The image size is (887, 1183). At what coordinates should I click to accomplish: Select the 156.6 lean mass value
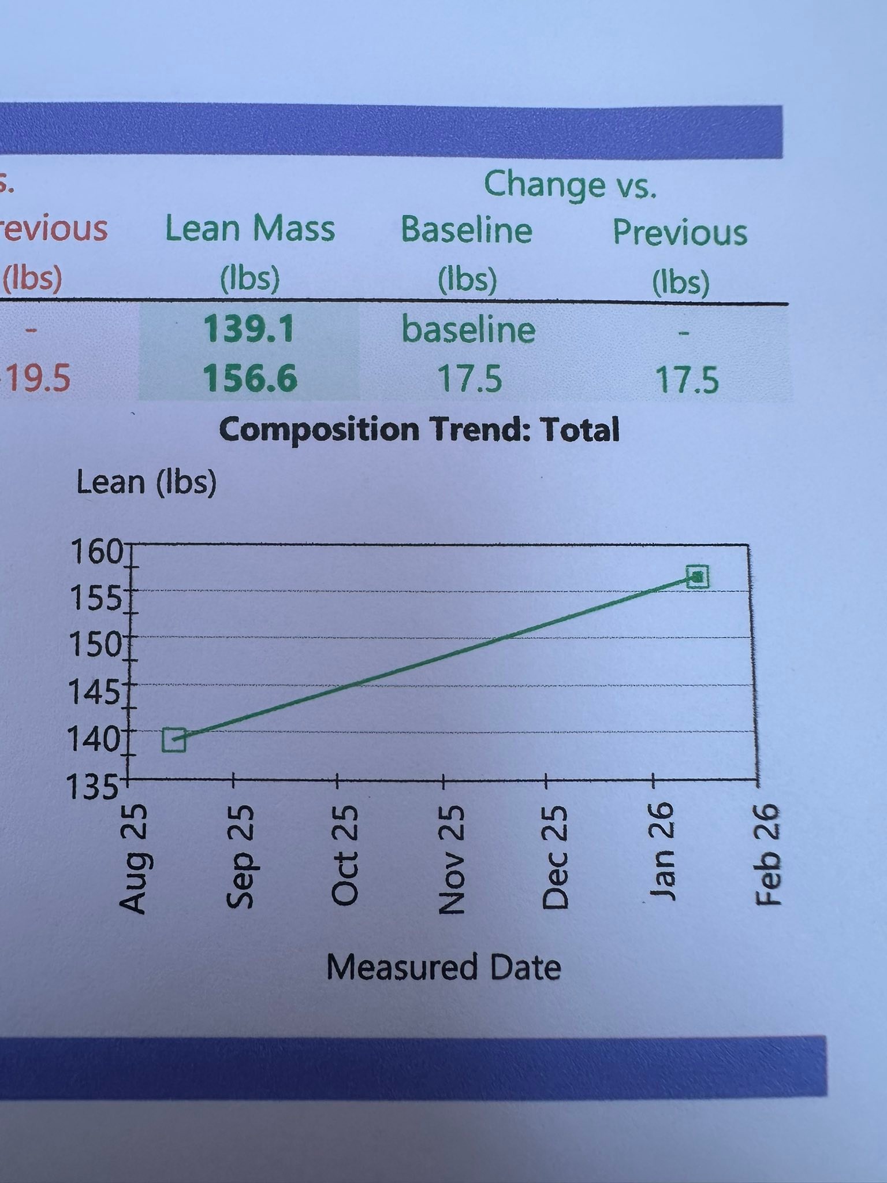(250, 378)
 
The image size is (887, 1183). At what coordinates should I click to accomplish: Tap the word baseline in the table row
(468, 329)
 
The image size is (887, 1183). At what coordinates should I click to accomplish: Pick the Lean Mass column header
(250, 228)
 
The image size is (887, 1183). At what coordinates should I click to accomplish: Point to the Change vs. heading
(570, 185)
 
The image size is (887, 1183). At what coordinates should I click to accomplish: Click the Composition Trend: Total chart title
(419, 430)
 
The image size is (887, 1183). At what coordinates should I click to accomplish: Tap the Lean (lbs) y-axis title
(147, 483)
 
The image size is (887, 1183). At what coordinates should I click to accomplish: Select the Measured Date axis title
(443, 967)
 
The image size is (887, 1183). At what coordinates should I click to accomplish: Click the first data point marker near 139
(174, 739)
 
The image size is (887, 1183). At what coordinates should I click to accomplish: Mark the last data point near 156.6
(698, 576)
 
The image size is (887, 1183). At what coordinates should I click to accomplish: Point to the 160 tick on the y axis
(96, 553)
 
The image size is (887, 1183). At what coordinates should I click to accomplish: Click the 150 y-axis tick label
(94, 645)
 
